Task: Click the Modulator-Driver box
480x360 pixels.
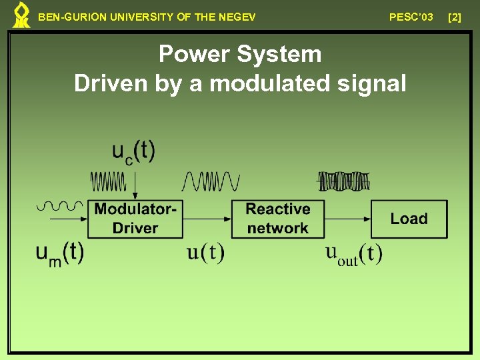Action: (x=135, y=219)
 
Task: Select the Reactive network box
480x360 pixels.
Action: (x=278, y=219)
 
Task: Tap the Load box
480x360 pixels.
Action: (x=409, y=219)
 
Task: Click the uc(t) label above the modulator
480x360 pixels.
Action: (x=133, y=153)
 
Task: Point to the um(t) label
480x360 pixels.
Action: (x=60, y=253)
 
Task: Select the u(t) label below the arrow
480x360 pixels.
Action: (x=205, y=253)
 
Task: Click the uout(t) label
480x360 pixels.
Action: (x=353, y=253)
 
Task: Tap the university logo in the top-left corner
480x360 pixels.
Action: (x=21, y=15)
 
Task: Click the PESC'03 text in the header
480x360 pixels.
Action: (x=411, y=17)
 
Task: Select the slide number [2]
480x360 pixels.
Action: (x=455, y=17)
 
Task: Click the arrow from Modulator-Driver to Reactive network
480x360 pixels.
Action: (x=207, y=219)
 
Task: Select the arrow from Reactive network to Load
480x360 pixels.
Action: (x=347, y=219)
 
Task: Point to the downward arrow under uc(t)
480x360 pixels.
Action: (x=135, y=183)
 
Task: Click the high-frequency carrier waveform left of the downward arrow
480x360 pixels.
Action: (x=108, y=181)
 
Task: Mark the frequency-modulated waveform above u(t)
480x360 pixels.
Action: (x=211, y=181)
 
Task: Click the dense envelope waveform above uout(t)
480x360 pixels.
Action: (x=343, y=181)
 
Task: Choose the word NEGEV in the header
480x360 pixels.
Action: (x=237, y=17)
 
